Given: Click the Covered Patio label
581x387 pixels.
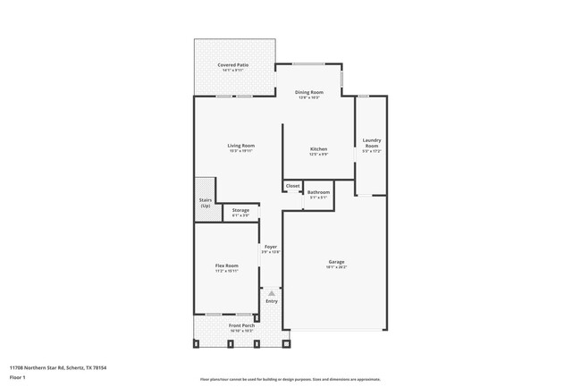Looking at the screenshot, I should (x=233, y=65).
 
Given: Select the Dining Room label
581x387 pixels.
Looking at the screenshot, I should (x=308, y=92).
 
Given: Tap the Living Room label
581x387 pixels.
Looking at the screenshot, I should (x=240, y=146).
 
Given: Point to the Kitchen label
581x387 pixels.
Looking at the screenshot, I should (x=318, y=149).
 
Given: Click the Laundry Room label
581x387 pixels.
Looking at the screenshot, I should (x=372, y=142).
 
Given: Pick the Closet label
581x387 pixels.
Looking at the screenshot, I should (x=292, y=186).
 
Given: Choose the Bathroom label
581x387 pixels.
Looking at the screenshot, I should (x=318, y=192).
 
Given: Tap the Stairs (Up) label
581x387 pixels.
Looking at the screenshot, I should (x=205, y=203).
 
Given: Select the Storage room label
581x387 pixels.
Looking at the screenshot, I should (x=240, y=210).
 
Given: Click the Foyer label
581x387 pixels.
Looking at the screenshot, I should (x=270, y=247).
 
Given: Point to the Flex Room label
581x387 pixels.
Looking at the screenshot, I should (x=226, y=265).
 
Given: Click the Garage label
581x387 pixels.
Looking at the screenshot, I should (x=336, y=262).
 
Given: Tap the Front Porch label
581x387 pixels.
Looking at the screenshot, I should (x=241, y=325).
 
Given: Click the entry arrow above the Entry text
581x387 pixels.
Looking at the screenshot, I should (x=272, y=292).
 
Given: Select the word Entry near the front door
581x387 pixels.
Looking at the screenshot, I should (x=272, y=301).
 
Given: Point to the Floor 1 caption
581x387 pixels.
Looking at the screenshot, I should (x=18, y=377).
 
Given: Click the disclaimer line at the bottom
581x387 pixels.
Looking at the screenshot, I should (x=290, y=379).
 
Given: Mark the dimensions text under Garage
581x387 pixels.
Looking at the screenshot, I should (x=336, y=267).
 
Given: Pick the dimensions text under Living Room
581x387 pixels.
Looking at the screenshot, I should (x=240, y=151).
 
